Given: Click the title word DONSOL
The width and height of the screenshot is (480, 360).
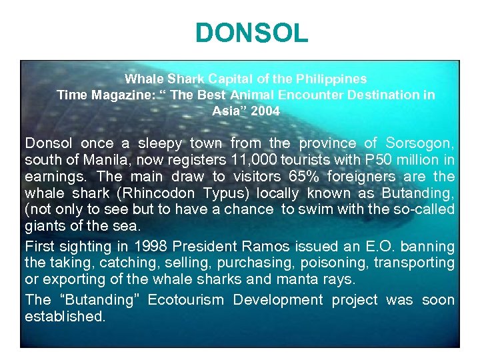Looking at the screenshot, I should point(252,33).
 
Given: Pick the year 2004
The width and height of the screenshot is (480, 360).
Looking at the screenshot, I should point(265,111).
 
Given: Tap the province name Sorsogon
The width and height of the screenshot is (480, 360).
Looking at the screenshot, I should point(417,143).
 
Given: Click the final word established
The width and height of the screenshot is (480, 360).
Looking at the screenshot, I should point(65,317).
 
